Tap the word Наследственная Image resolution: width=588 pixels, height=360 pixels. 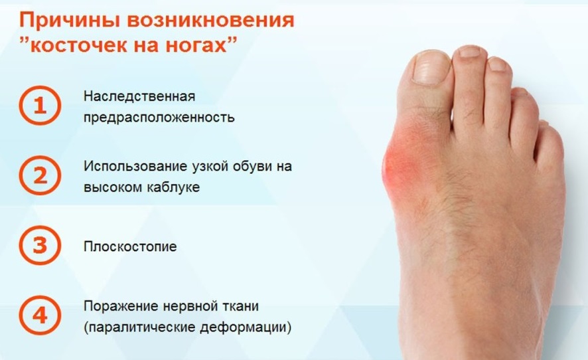click(x=139, y=96)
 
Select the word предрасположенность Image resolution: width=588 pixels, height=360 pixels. click(x=159, y=118)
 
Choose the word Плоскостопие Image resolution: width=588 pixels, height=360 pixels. click(x=130, y=246)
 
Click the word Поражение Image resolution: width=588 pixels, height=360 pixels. click(x=117, y=306)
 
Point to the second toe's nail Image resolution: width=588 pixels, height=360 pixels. click(x=469, y=51)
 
